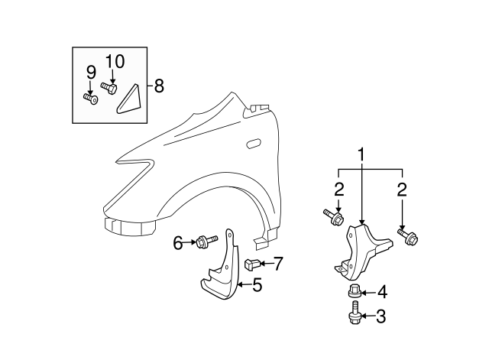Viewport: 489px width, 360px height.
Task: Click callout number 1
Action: [360, 157]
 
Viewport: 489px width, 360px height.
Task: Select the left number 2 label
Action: [338, 190]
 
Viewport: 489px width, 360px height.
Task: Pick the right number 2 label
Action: [402, 190]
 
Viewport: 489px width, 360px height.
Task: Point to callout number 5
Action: [257, 286]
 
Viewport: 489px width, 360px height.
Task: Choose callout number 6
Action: [177, 243]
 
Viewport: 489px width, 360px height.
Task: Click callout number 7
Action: [278, 264]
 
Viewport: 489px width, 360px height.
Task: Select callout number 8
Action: [159, 86]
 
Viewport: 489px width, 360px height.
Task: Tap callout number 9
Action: [91, 73]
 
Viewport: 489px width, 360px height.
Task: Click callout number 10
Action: [114, 61]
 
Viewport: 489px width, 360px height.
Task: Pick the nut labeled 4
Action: [355, 291]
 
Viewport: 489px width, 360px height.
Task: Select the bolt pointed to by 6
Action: [202, 242]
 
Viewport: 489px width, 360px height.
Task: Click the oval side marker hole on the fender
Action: [253, 143]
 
